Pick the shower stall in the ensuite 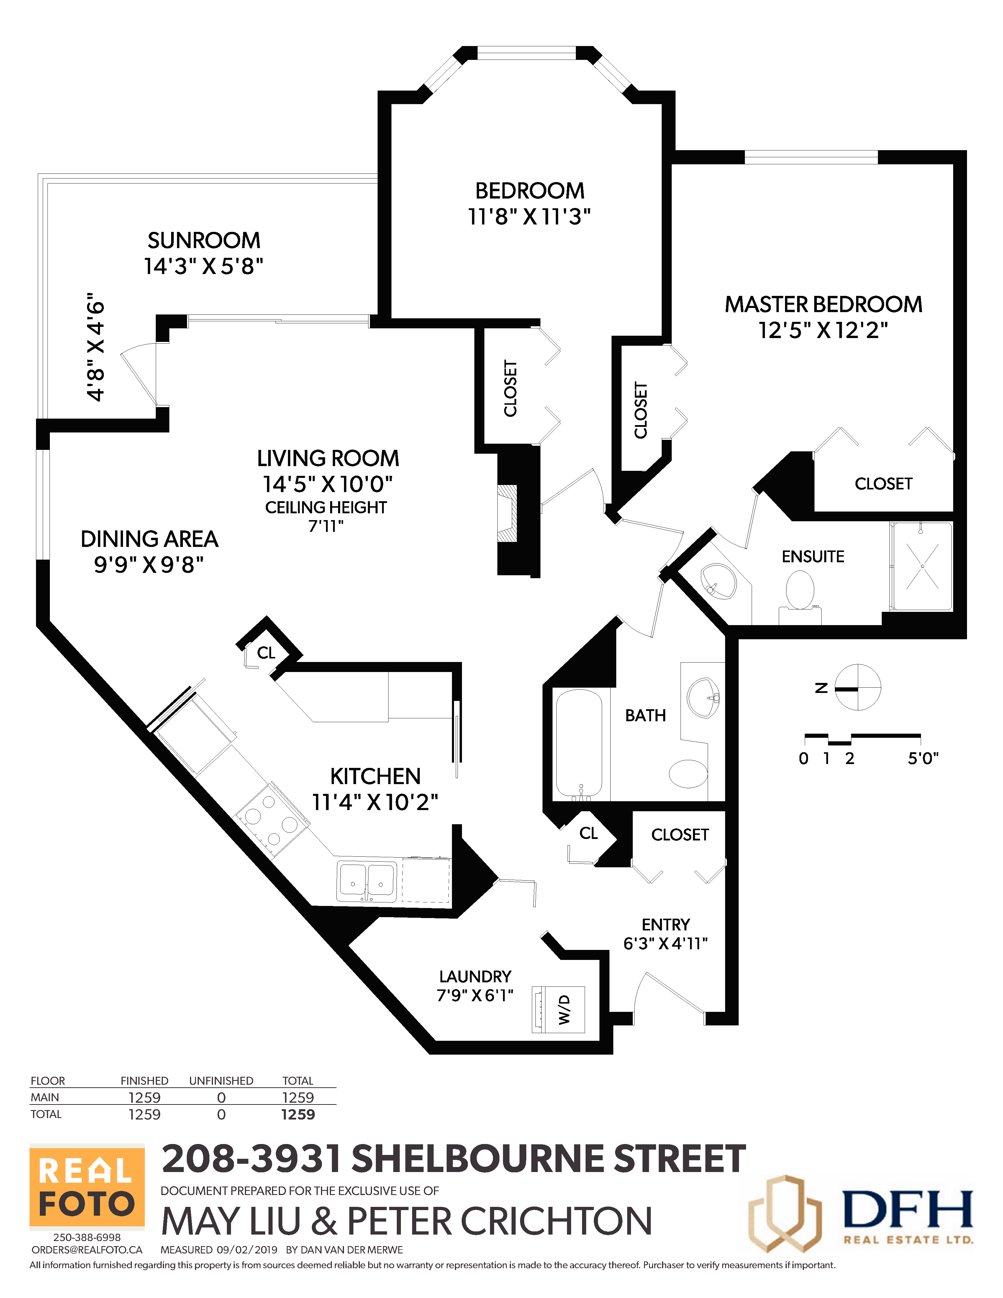pos(922,566)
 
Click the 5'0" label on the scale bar pos(923,758)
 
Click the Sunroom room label pos(204,241)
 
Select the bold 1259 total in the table pos(298,1115)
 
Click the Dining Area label pos(149,539)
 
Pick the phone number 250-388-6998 pos(87,1238)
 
